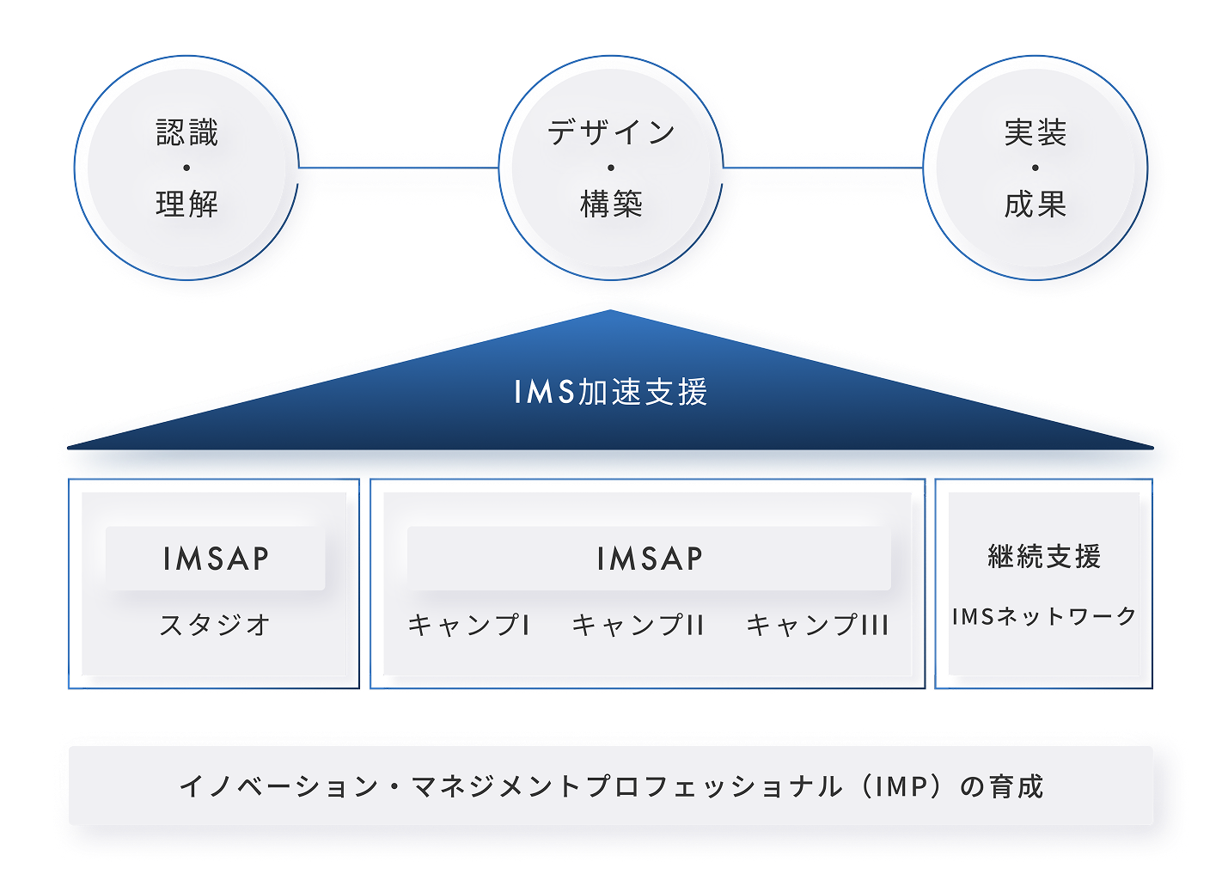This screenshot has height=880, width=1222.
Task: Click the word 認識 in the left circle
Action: tap(187, 132)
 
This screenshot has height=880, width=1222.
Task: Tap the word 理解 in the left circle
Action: tap(187, 204)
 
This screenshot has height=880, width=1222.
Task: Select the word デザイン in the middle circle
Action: tap(611, 132)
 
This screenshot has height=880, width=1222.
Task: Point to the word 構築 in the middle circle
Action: tap(611, 204)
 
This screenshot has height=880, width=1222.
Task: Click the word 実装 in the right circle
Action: tap(1036, 132)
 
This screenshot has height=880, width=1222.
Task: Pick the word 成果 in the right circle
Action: tap(1036, 204)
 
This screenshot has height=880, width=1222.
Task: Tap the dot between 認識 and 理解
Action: tap(186, 168)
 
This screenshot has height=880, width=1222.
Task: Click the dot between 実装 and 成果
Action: tap(1036, 168)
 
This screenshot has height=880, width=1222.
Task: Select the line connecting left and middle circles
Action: tap(399, 168)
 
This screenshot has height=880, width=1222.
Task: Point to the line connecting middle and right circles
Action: tap(822, 168)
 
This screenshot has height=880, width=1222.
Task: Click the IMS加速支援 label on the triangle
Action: tap(611, 392)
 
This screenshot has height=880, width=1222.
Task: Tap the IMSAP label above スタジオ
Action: tap(216, 559)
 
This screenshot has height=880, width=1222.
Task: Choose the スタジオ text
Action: tap(215, 624)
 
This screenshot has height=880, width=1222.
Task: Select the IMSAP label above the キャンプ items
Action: tap(649, 559)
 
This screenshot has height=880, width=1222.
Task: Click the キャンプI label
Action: tap(468, 625)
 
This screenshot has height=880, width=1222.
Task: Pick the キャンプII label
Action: tap(638, 625)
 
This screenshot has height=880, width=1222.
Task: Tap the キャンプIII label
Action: tap(817, 625)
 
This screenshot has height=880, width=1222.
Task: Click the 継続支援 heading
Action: tap(1044, 557)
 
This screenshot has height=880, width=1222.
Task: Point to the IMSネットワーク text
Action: tap(1044, 616)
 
